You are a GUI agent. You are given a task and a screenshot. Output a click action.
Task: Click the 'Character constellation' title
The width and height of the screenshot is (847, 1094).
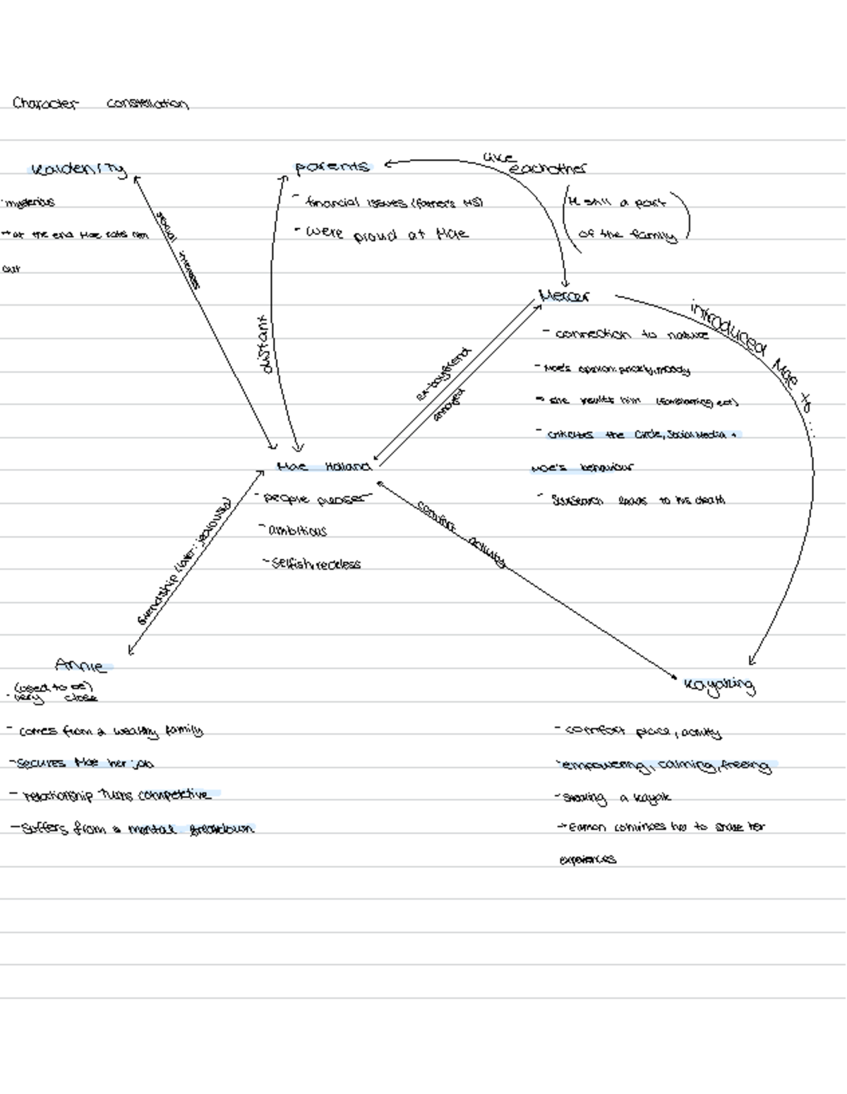point(100,104)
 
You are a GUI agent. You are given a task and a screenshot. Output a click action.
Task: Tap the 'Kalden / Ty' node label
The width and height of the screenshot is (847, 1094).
point(78,170)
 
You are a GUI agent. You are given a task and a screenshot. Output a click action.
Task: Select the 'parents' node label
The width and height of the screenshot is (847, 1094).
point(332,167)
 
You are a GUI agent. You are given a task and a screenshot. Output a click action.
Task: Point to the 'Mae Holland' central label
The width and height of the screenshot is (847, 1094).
point(324,467)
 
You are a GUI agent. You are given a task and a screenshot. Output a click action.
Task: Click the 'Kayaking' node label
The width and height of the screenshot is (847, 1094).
point(719,684)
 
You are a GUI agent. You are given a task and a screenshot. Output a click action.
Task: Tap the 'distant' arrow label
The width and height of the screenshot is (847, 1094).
point(265,345)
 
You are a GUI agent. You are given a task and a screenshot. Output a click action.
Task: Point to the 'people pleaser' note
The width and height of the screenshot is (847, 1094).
point(315,499)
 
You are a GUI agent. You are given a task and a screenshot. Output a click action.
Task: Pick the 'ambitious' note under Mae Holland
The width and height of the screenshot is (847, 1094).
point(297,530)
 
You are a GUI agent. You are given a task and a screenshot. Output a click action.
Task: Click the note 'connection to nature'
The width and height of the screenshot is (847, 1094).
point(631,334)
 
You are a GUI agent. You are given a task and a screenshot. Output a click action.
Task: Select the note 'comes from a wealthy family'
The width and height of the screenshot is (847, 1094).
point(110,731)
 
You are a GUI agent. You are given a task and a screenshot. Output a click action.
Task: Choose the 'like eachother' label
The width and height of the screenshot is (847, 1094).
point(536,164)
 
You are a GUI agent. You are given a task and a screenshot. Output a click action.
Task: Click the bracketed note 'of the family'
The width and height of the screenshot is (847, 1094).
point(627,234)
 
